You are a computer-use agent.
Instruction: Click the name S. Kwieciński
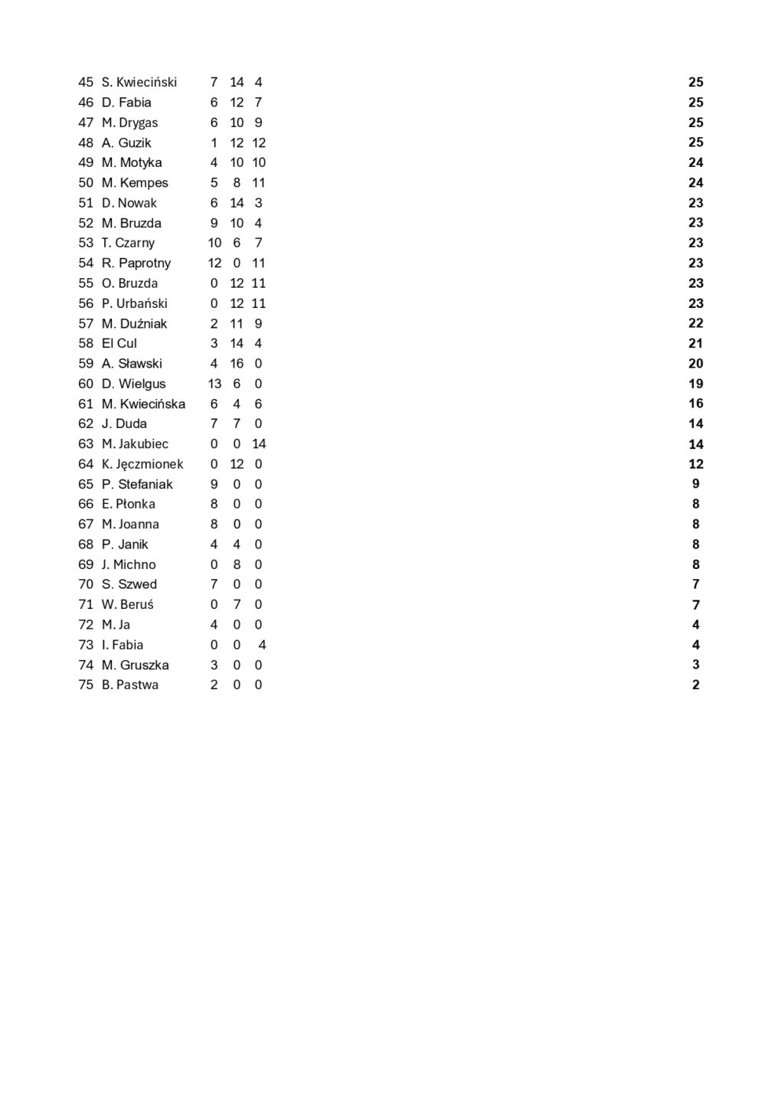(x=139, y=82)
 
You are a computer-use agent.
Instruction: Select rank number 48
(x=86, y=142)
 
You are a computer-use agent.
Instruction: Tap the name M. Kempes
(x=135, y=183)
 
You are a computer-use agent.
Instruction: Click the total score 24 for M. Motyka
(x=695, y=162)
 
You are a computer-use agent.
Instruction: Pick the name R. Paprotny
(x=136, y=263)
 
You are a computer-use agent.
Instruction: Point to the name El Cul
(x=119, y=344)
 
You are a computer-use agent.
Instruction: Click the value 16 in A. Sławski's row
(x=237, y=364)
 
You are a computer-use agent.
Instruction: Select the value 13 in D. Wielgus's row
(x=214, y=384)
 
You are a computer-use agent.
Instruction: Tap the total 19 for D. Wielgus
(x=695, y=384)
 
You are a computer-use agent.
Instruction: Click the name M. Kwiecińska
(x=143, y=404)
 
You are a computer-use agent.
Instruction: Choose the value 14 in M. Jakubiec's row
(x=259, y=444)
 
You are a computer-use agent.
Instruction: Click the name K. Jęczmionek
(x=142, y=464)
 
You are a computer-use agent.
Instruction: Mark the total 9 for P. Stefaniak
(x=695, y=484)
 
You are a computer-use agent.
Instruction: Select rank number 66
(x=86, y=504)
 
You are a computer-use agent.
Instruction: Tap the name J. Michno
(x=129, y=564)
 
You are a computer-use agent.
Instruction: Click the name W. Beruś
(x=127, y=605)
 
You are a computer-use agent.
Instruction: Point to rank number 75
(x=86, y=685)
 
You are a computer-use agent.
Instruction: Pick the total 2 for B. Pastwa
(x=695, y=685)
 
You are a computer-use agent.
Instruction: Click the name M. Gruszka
(x=136, y=666)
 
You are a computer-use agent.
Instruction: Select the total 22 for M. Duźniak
(x=695, y=323)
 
